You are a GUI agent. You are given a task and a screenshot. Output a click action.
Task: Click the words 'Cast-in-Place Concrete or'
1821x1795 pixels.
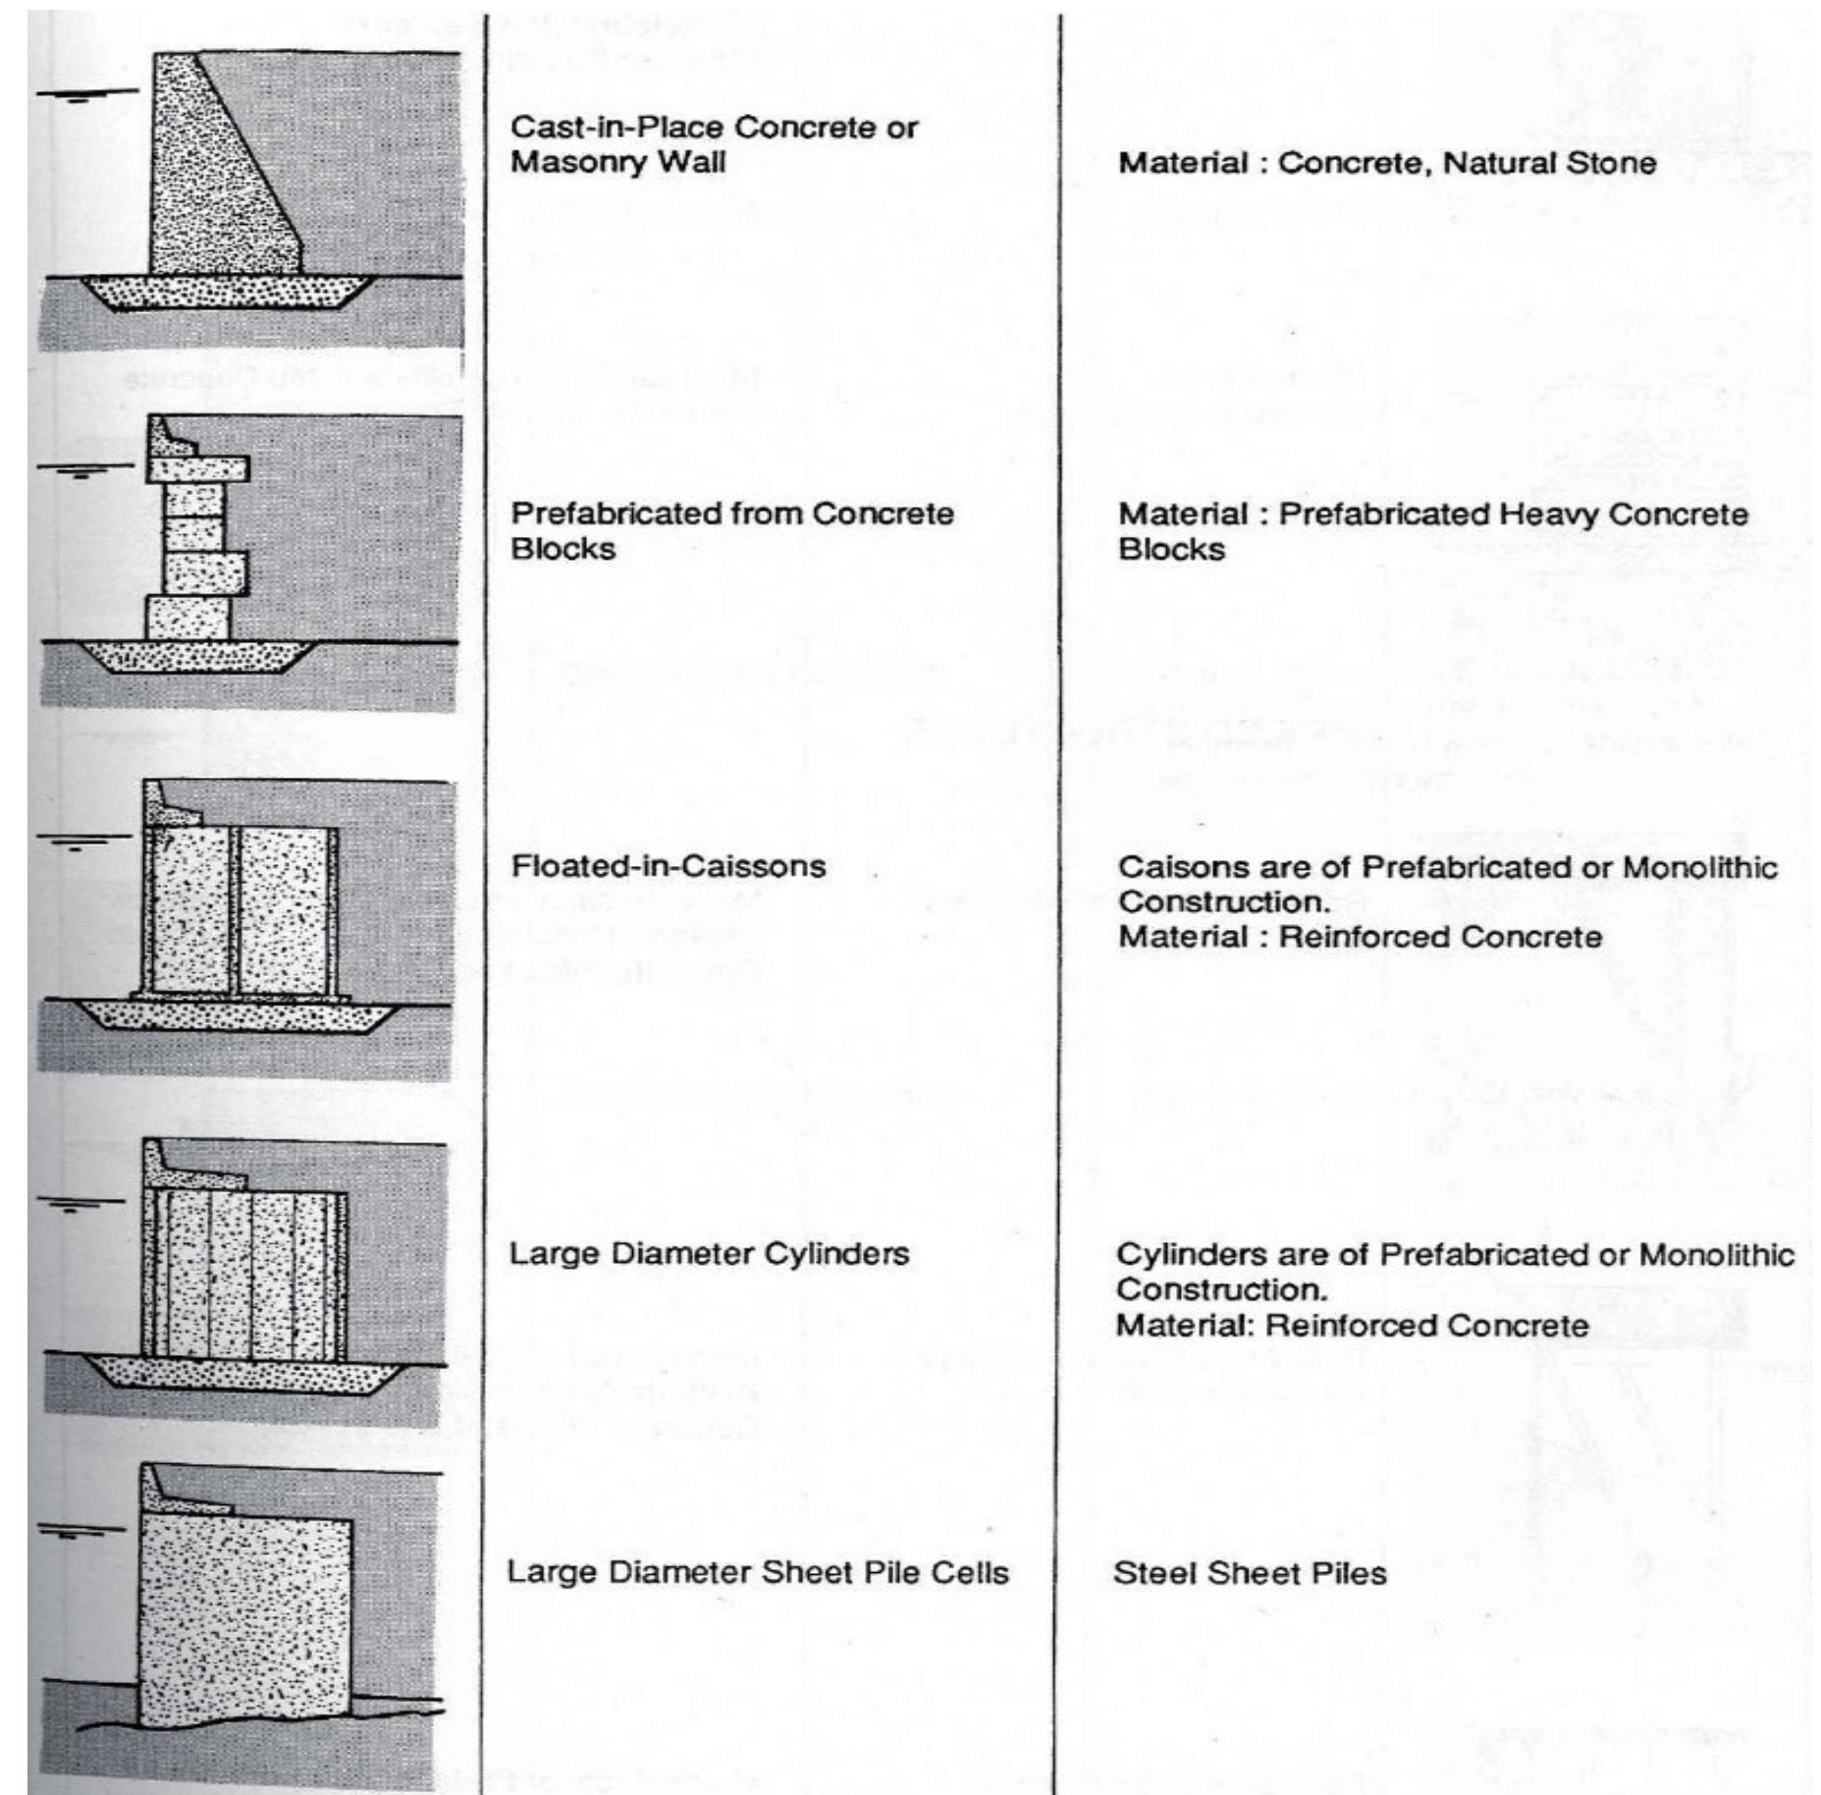(x=714, y=128)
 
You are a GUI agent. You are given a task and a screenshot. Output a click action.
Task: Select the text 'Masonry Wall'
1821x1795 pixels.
(x=617, y=162)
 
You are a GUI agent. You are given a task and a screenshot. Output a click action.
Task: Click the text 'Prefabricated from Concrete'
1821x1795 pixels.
(x=732, y=514)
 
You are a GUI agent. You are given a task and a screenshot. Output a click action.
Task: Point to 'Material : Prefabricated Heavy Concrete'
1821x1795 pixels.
(x=1433, y=515)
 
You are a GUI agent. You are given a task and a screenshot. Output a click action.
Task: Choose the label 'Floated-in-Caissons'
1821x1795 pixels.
(x=669, y=866)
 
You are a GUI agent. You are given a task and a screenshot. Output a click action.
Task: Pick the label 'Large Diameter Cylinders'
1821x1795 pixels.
(x=709, y=1254)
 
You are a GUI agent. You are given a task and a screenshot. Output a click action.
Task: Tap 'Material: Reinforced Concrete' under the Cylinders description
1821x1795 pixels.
(x=1352, y=1326)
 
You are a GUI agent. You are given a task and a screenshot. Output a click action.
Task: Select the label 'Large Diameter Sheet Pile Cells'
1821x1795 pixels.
(x=757, y=1572)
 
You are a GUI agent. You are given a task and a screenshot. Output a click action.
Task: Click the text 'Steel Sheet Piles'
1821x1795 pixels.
(x=1250, y=1573)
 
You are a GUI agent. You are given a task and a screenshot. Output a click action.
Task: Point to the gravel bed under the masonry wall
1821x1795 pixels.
(x=226, y=293)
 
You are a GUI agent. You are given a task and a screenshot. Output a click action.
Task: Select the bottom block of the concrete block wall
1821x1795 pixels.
(x=187, y=618)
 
